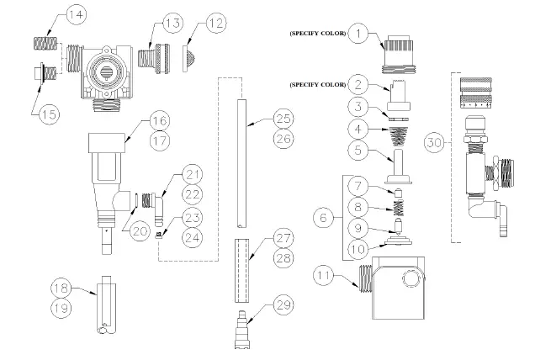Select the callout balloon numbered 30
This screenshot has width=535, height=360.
pyautogui.click(x=436, y=144)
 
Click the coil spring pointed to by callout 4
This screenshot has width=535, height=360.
pyautogui.click(x=395, y=130)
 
